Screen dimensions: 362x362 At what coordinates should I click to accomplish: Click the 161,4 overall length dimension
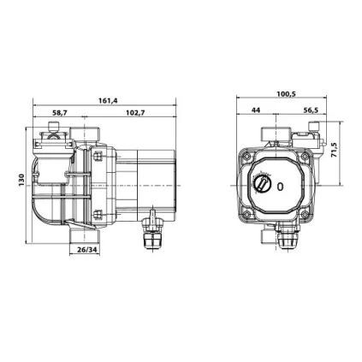pos(108,100)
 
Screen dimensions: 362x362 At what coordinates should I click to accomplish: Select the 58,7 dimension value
pos(59,112)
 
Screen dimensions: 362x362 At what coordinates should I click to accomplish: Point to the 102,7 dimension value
pos(135,112)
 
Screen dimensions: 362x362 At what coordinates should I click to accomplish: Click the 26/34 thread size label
pos(86,249)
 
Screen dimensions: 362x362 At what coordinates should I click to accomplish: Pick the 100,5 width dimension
pos(286,94)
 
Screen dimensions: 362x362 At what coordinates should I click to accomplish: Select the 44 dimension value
pos(256,110)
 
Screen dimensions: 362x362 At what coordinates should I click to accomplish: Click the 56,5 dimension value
pos(310,110)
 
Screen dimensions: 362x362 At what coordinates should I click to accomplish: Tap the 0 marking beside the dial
pos(280,187)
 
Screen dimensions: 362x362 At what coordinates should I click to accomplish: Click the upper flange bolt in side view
pos(98,157)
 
